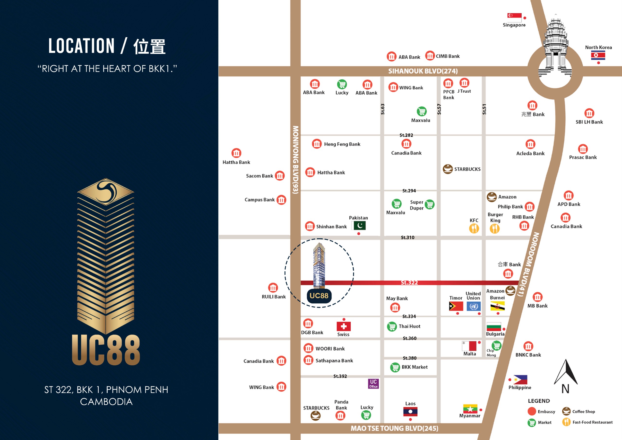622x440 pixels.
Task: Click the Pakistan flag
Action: pos(360,225)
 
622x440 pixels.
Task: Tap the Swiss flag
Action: pos(344,326)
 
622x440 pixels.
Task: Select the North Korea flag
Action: pos(598,56)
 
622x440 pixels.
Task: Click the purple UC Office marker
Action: pos(373,384)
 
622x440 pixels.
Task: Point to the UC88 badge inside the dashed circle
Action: pos(319,296)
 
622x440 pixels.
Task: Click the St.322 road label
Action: pos(409,283)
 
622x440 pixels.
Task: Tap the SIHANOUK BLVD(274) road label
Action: pos(423,71)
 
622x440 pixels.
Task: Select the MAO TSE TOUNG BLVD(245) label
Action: pos(394,428)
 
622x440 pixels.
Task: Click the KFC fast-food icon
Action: pos(474,229)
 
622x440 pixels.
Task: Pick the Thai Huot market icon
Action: pos(392,326)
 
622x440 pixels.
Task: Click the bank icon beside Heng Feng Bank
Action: pos(316,144)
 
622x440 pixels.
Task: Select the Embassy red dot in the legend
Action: pos(532,411)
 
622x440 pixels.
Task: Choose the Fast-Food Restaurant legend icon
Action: pos(566,422)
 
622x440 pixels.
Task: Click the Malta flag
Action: pos(469,346)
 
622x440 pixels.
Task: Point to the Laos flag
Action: pos(410,412)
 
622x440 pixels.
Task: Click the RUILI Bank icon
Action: pos(273,288)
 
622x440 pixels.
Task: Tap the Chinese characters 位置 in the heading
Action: pos(149,46)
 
